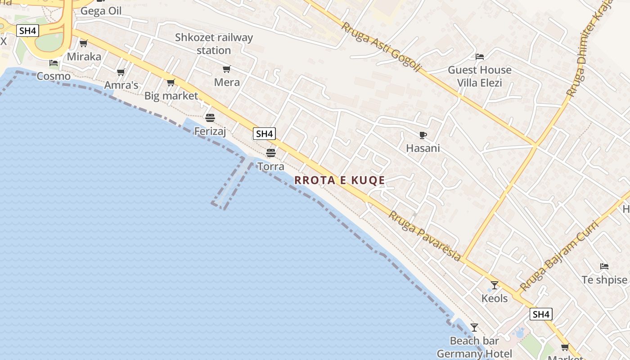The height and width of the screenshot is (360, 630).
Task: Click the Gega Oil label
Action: (x=101, y=11)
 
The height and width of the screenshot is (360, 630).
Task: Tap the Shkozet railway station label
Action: (x=214, y=44)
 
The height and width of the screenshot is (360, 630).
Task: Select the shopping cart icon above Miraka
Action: (x=83, y=44)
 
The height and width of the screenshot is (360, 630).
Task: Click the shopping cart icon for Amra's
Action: (x=121, y=72)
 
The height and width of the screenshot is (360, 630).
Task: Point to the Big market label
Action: (x=171, y=96)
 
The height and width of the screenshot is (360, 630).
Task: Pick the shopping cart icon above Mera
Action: (x=227, y=69)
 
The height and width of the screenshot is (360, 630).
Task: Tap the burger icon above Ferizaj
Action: (x=210, y=118)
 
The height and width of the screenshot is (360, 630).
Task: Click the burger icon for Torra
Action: (x=270, y=153)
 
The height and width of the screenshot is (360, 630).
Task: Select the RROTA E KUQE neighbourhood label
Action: (x=340, y=180)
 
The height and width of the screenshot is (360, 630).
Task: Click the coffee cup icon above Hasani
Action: (x=423, y=135)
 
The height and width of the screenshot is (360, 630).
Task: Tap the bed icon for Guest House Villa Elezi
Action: (x=480, y=57)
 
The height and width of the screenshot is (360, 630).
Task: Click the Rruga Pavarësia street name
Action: (x=425, y=236)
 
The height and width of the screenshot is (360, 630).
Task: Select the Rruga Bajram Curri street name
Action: (x=559, y=255)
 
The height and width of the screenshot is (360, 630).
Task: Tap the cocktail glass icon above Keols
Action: (x=494, y=285)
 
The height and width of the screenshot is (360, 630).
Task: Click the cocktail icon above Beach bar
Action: (x=474, y=327)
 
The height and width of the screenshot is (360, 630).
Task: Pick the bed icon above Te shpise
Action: (x=604, y=266)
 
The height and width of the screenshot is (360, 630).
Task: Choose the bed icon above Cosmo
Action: (x=54, y=63)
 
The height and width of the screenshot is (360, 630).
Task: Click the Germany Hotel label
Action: (x=474, y=354)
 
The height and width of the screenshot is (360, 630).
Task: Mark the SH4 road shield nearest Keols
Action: (x=540, y=314)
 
